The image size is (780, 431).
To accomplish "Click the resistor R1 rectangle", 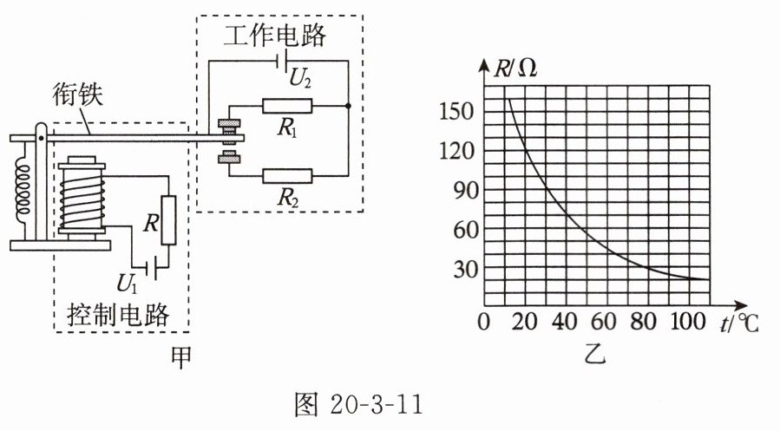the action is [287, 106].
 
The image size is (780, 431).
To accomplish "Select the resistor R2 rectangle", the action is [287, 176].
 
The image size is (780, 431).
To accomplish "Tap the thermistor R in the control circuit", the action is [168, 220].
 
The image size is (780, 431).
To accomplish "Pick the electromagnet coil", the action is [82, 196].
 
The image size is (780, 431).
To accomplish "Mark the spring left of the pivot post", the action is [23, 188].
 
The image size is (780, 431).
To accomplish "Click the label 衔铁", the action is [77, 95].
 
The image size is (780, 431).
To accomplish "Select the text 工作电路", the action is [275, 36].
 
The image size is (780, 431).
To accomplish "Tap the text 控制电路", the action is [118, 314].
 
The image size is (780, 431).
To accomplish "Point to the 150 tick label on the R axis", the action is [456, 110].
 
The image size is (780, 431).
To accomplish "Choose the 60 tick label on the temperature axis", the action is [603, 322].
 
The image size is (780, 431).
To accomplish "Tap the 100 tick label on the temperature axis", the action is [688, 322].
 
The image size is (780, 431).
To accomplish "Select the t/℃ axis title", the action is [740, 323].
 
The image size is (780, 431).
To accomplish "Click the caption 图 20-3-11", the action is [357, 404].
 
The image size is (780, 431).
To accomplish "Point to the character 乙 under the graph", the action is [595, 354].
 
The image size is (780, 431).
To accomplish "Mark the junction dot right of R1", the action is [348, 106].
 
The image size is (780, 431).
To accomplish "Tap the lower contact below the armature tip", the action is [229, 157].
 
